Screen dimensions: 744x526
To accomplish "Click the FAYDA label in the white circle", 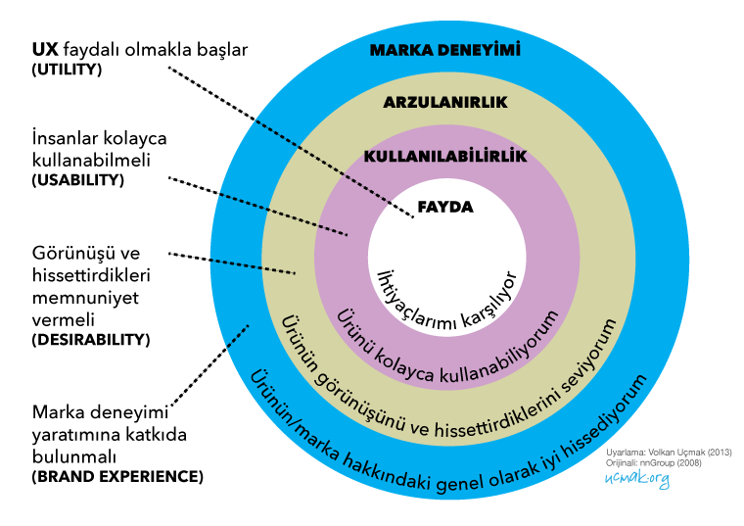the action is pos(445,207).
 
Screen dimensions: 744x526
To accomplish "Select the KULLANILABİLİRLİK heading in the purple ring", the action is pos(445,156).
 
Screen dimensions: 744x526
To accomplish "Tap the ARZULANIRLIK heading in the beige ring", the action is pos(445,102).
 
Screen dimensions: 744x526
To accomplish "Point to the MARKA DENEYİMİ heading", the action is pos(445,50).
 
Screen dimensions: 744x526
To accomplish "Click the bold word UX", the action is pos(45,49).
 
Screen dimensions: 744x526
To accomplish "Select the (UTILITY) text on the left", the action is pos(67,70).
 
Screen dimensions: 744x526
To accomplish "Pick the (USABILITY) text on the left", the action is pos(77,180).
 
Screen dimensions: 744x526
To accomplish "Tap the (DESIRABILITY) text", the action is pos(91,340).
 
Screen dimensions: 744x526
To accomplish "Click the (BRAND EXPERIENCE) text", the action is pos(117,476).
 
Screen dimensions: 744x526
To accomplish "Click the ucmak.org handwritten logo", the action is pos(636,478).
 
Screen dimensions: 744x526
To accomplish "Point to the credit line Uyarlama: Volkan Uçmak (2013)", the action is pos(669,453).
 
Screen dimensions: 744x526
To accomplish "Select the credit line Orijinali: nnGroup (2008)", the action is pos(653,463).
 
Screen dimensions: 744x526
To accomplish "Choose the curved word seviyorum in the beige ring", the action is pos(590,356).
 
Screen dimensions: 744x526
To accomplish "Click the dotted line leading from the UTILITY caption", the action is pos(291,142).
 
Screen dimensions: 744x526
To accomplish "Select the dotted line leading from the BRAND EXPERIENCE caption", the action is pos(209,365).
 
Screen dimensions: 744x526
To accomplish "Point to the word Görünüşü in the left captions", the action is pos(72,254).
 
